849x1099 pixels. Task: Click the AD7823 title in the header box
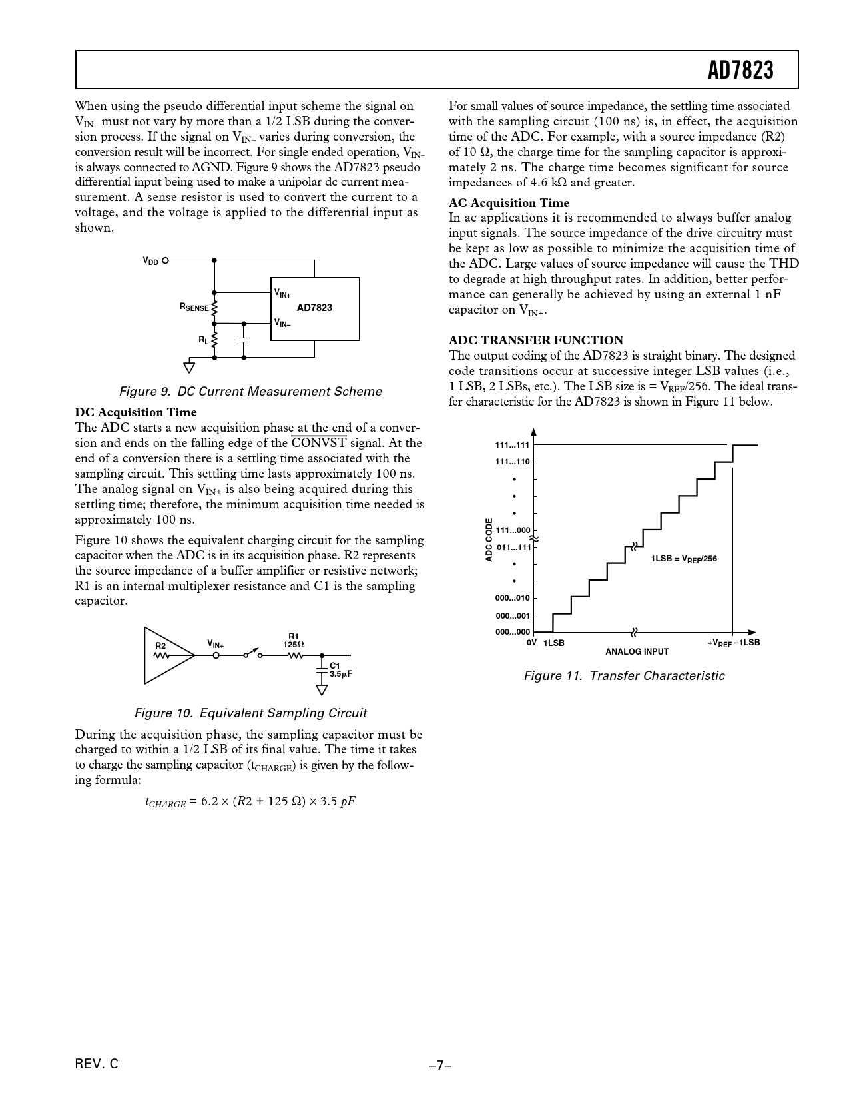pyautogui.click(x=740, y=70)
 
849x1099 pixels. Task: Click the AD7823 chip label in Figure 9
pyautogui.click(x=314, y=308)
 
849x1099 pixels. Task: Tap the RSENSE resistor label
pyautogui.click(x=194, y=308)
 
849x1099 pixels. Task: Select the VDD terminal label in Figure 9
pyautogui.click(x=150, y=261)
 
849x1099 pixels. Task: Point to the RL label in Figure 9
pyautogui.click(x=203, y=340)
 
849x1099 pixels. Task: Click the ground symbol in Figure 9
pyautogui.click(x=190, y=367)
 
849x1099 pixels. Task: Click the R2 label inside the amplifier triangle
pyautogui.click(x=160, y=646)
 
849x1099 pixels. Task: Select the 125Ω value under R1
pyautogui.click(x=293, y=645)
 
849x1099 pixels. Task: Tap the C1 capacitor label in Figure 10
pyautogui.click(x=335, y=665)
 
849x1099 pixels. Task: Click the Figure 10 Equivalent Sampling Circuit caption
pyautogui.click(x=250, y=713)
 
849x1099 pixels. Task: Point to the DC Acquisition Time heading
pyautogui.click(x=136, y=412)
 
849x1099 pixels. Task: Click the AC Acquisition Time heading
pyautogui.click(x=509, y=203)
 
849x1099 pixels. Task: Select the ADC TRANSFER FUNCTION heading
pyautogui.click(x=536, y=340)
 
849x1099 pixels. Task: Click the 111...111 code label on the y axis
pyautogui.click(x=512, y=445)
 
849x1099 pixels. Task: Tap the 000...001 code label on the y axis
pyautogui.click(x=512, y=616)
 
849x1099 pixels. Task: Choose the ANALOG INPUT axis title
pyautogui.click(x=637, y=651)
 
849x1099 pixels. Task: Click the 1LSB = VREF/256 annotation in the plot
pyautogui.click(x=684, y=559)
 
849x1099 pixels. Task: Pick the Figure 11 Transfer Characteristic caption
pyautogui.click(x=624, y=676)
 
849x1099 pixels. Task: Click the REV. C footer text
pyautogui.click(x=97, y=1064)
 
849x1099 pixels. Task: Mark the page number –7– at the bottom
pyautogui.click(x=440, y=1066)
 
